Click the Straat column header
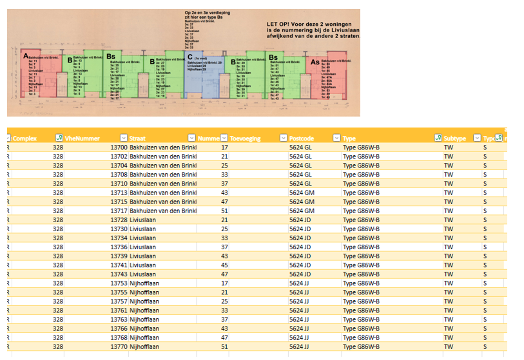pyautogui.click(x=137, y=138)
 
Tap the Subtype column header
pyautogui.click(x=456, y=138)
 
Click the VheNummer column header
pyautogui.click(x=79, y=138)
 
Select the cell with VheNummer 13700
pyautogui.click(x=119, y=147)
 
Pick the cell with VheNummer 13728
pyautogui.click(x=119, y=220)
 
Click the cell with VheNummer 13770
pyautogui.click(x=119, y=346)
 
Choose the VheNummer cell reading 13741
pyautogui.click(x=119, y=265)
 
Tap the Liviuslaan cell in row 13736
pyautogui.click(x=142, y=247)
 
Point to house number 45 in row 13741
pyautogui.click(x=225, y=265)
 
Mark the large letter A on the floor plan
pyautogui.click(x=26, y=57)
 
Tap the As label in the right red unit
pyautogui.click(x=315, y=62)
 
